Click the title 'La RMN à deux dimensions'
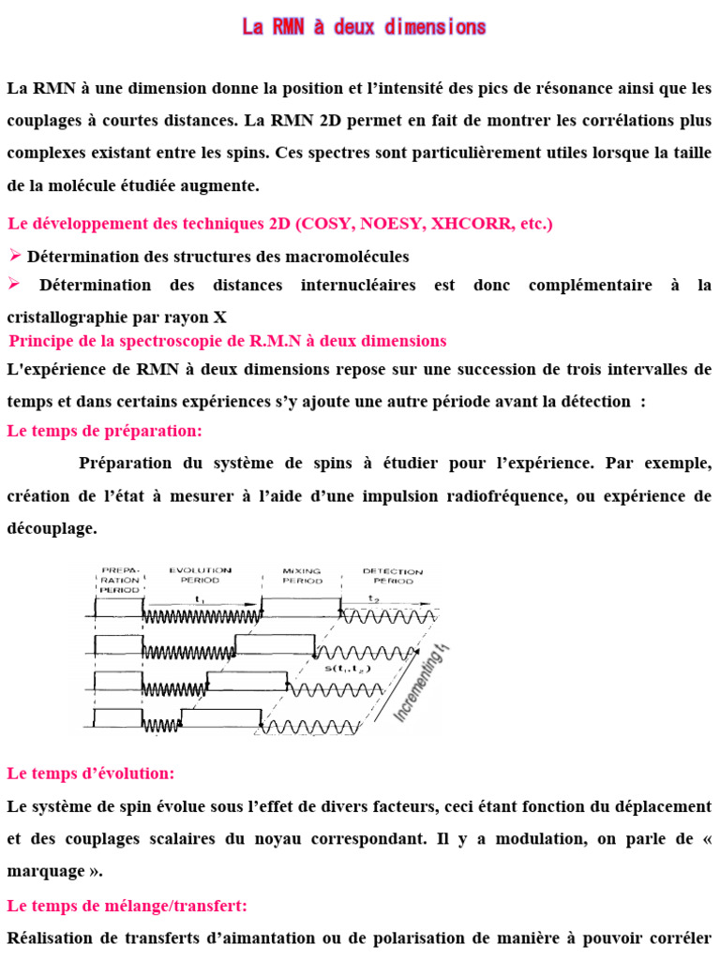364,27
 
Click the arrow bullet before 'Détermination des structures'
15,256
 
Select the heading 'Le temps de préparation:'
104,431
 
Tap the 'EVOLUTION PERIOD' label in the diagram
200,575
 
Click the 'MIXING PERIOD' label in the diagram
301,575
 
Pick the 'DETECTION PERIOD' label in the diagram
392,576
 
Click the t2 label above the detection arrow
373,598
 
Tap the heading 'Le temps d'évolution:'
90,774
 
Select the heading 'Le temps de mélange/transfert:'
127,906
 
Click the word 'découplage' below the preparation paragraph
51,528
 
